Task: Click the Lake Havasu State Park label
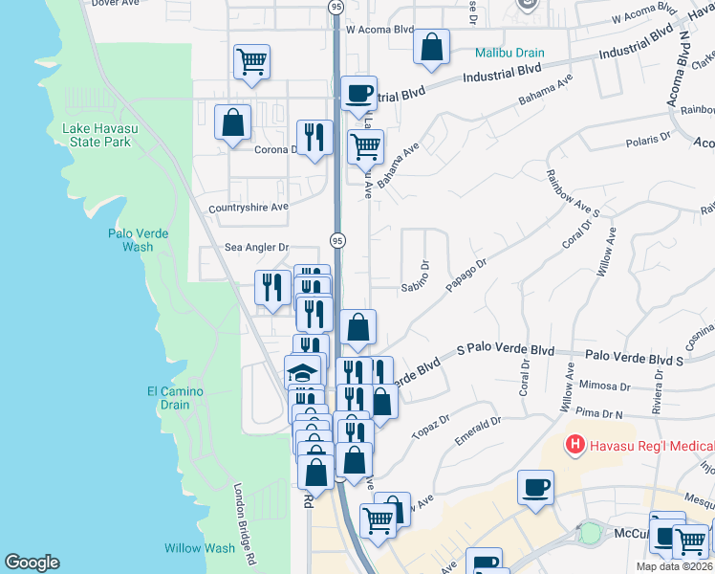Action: [x=96, y=135]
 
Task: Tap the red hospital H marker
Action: [x=574, y=445]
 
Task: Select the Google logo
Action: [x=32, y=563]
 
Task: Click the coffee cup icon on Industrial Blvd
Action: [x=359, y=93]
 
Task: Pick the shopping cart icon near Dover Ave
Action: [x=251, y=62]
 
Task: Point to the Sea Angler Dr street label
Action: [x=256, y=247]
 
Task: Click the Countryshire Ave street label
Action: [x=249, y=207]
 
